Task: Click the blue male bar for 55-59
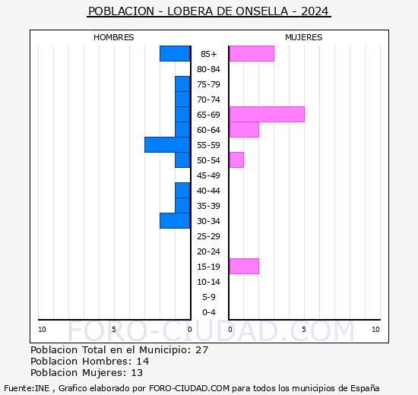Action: (167, 144)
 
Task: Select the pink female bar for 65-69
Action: (266, 114)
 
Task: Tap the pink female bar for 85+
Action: (251, 53)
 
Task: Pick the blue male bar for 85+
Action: (175, 53)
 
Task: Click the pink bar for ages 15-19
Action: (243, 266)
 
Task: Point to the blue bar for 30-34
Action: (175, 220)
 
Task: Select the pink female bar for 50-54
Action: (236, 160)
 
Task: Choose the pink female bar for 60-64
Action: (243, 129)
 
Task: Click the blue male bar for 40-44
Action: (182, 190)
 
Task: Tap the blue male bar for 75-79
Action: (182, 84)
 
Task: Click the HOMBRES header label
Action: (114, 37)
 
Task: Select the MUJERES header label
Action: (303, 37)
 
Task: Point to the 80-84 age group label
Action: (209, 69)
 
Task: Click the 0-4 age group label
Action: (209, 312)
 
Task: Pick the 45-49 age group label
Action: (209, 175)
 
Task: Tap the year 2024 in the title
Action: (315, 11)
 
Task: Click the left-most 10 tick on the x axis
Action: (42, 329)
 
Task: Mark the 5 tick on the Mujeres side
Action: (303, 329)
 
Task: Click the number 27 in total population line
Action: (201, 350)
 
